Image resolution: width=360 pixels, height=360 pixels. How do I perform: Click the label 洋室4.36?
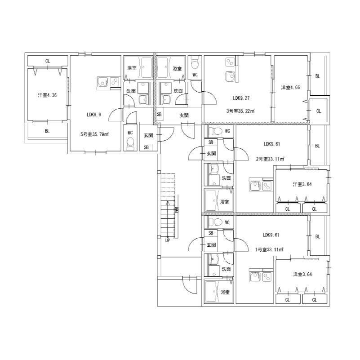coord(47,95)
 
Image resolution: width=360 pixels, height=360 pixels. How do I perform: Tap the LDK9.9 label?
coord(94,115)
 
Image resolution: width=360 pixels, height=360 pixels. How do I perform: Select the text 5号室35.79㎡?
coord(94,134)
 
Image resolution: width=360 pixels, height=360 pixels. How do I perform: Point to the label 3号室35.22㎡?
coord(240,111)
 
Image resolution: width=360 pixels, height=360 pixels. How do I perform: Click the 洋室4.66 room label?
coord(290,87)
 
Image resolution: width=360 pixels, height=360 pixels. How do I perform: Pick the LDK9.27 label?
coord(241,98)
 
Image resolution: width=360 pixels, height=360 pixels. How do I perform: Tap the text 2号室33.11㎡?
coord(270,159)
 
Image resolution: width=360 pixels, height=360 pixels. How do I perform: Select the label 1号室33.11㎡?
coord(269,249)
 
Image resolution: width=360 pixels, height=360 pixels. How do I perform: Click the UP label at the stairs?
coord(167,240)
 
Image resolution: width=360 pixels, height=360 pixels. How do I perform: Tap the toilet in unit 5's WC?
coord(130,143)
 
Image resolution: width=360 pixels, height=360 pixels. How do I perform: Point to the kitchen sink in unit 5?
coord(102,82)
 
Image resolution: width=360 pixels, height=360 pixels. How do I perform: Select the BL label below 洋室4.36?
coord(47,131)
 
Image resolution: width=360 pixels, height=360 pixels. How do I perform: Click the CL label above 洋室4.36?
coord(48,61)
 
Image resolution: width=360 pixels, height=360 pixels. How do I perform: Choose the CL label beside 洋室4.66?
coord(319,111)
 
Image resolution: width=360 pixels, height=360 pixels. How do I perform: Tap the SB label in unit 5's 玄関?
coord(146,147)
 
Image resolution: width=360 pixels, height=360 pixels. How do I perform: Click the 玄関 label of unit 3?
coord(184,115)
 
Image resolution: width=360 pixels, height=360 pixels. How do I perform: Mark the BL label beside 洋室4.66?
coord(317,76)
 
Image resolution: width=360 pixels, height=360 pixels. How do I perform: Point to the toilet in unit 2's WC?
coord(216,131)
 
